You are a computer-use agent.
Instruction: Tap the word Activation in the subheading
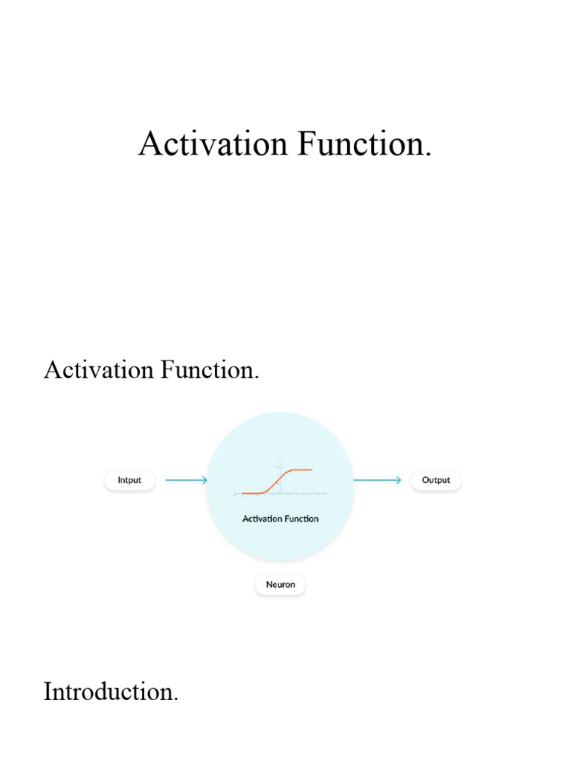click(x=97, y=369)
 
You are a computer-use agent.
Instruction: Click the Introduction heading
click(x=111, y=692)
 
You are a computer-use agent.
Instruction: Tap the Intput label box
click(x=129, y=480)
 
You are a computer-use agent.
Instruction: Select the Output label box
click(x=436, y=480)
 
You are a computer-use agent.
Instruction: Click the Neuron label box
click(x=280, y=585)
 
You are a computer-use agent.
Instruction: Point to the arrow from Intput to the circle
click(x=185, y=480)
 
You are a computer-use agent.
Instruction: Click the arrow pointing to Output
click(x=378, y=480)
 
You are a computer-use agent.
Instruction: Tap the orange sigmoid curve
click(x=277, y=482)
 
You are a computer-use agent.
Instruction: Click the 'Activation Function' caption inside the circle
click(x=280, y=519)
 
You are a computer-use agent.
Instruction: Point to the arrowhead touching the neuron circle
click(x=204, y=480)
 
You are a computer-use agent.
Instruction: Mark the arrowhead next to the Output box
click(x=399, y=480)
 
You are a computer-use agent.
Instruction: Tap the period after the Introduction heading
click(x=176, y=700)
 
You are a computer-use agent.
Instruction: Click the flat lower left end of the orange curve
click(x=249, y=493)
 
